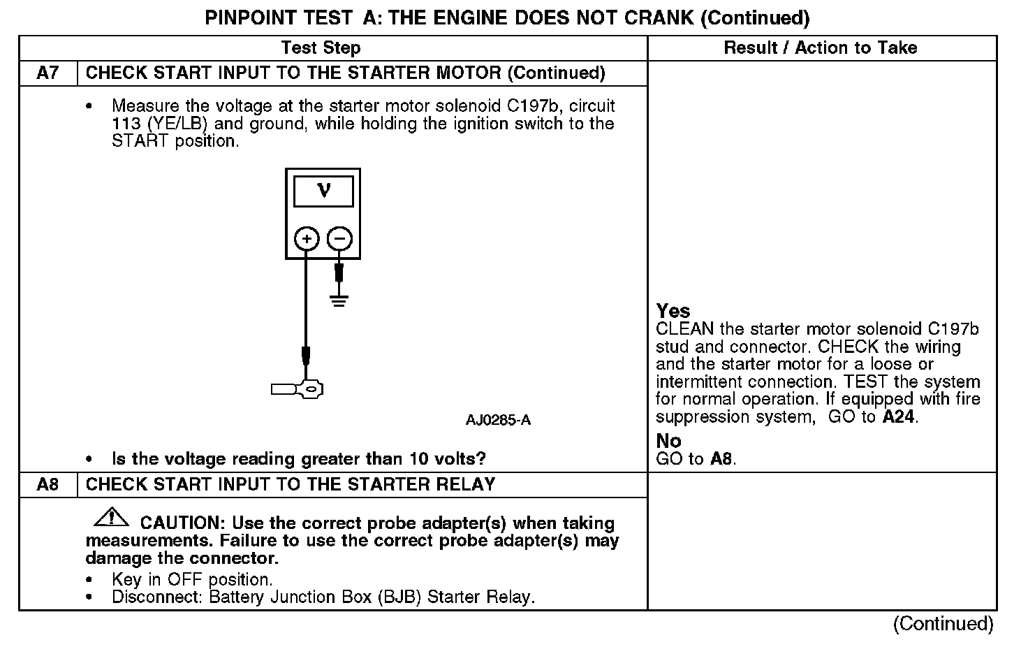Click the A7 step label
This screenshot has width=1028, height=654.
[47, 73]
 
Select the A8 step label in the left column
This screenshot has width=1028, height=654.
[47, 485]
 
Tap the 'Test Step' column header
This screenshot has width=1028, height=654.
[321, 48]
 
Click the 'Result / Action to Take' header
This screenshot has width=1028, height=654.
[821, 48]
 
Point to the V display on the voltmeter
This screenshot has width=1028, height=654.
[323, 191]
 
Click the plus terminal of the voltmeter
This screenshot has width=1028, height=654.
[307, 239]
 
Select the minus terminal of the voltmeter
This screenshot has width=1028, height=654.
[340, 239]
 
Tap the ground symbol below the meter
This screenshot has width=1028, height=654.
[339, 301]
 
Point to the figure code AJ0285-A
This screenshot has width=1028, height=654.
[498, 420]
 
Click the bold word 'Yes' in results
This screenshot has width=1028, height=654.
[673, 312]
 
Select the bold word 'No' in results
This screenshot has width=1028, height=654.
[668, 441]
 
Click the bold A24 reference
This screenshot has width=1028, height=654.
[898, 417]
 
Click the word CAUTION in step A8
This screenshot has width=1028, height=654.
[180, 523]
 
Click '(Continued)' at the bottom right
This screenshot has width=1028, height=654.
[942, 624]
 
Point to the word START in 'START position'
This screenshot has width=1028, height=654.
[140, 141]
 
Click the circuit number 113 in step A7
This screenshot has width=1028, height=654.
[126, 124]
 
